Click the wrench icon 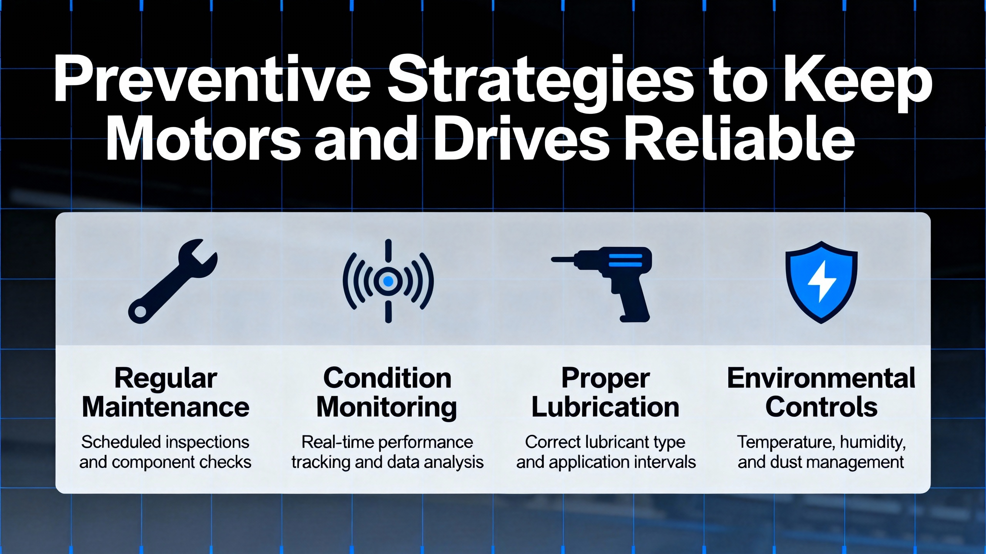click(173, 281)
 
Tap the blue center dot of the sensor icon click(388, 281)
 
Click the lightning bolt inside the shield click(822, 281)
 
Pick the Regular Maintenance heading click(166, 393)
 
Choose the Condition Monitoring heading click(387, 393)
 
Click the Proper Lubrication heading click(605, 393)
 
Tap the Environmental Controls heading click(821, 392)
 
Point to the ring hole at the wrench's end click(140, 312)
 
